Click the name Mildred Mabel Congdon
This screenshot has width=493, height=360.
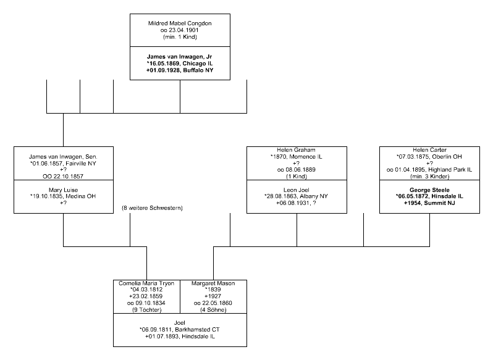(x=180, y=23)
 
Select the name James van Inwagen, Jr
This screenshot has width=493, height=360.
(x=180, y=55)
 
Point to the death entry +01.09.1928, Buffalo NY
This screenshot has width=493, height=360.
(x=180, y=71)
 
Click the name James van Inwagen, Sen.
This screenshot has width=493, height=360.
(x=63, y=157)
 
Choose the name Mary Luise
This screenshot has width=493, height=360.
(x=63, y=190)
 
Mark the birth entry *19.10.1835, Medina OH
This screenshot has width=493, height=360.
(x=63, y=198)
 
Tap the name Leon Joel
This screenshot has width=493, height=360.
(x=297, y=190)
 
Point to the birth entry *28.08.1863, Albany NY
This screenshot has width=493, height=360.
(x=297, y=198)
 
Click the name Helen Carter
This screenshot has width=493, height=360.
(x=429, y=150)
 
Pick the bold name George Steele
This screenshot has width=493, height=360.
(x=429, y=190)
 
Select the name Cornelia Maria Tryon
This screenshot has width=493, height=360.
(x=146, y=283)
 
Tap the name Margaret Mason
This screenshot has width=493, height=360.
(x=213, y=283)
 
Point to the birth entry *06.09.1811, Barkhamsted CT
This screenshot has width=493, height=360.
(x=180, y=330)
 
